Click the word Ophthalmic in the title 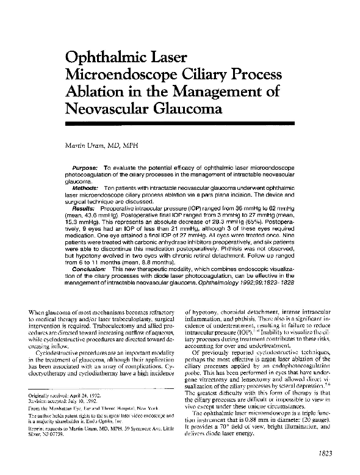click(x=106, y=59)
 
